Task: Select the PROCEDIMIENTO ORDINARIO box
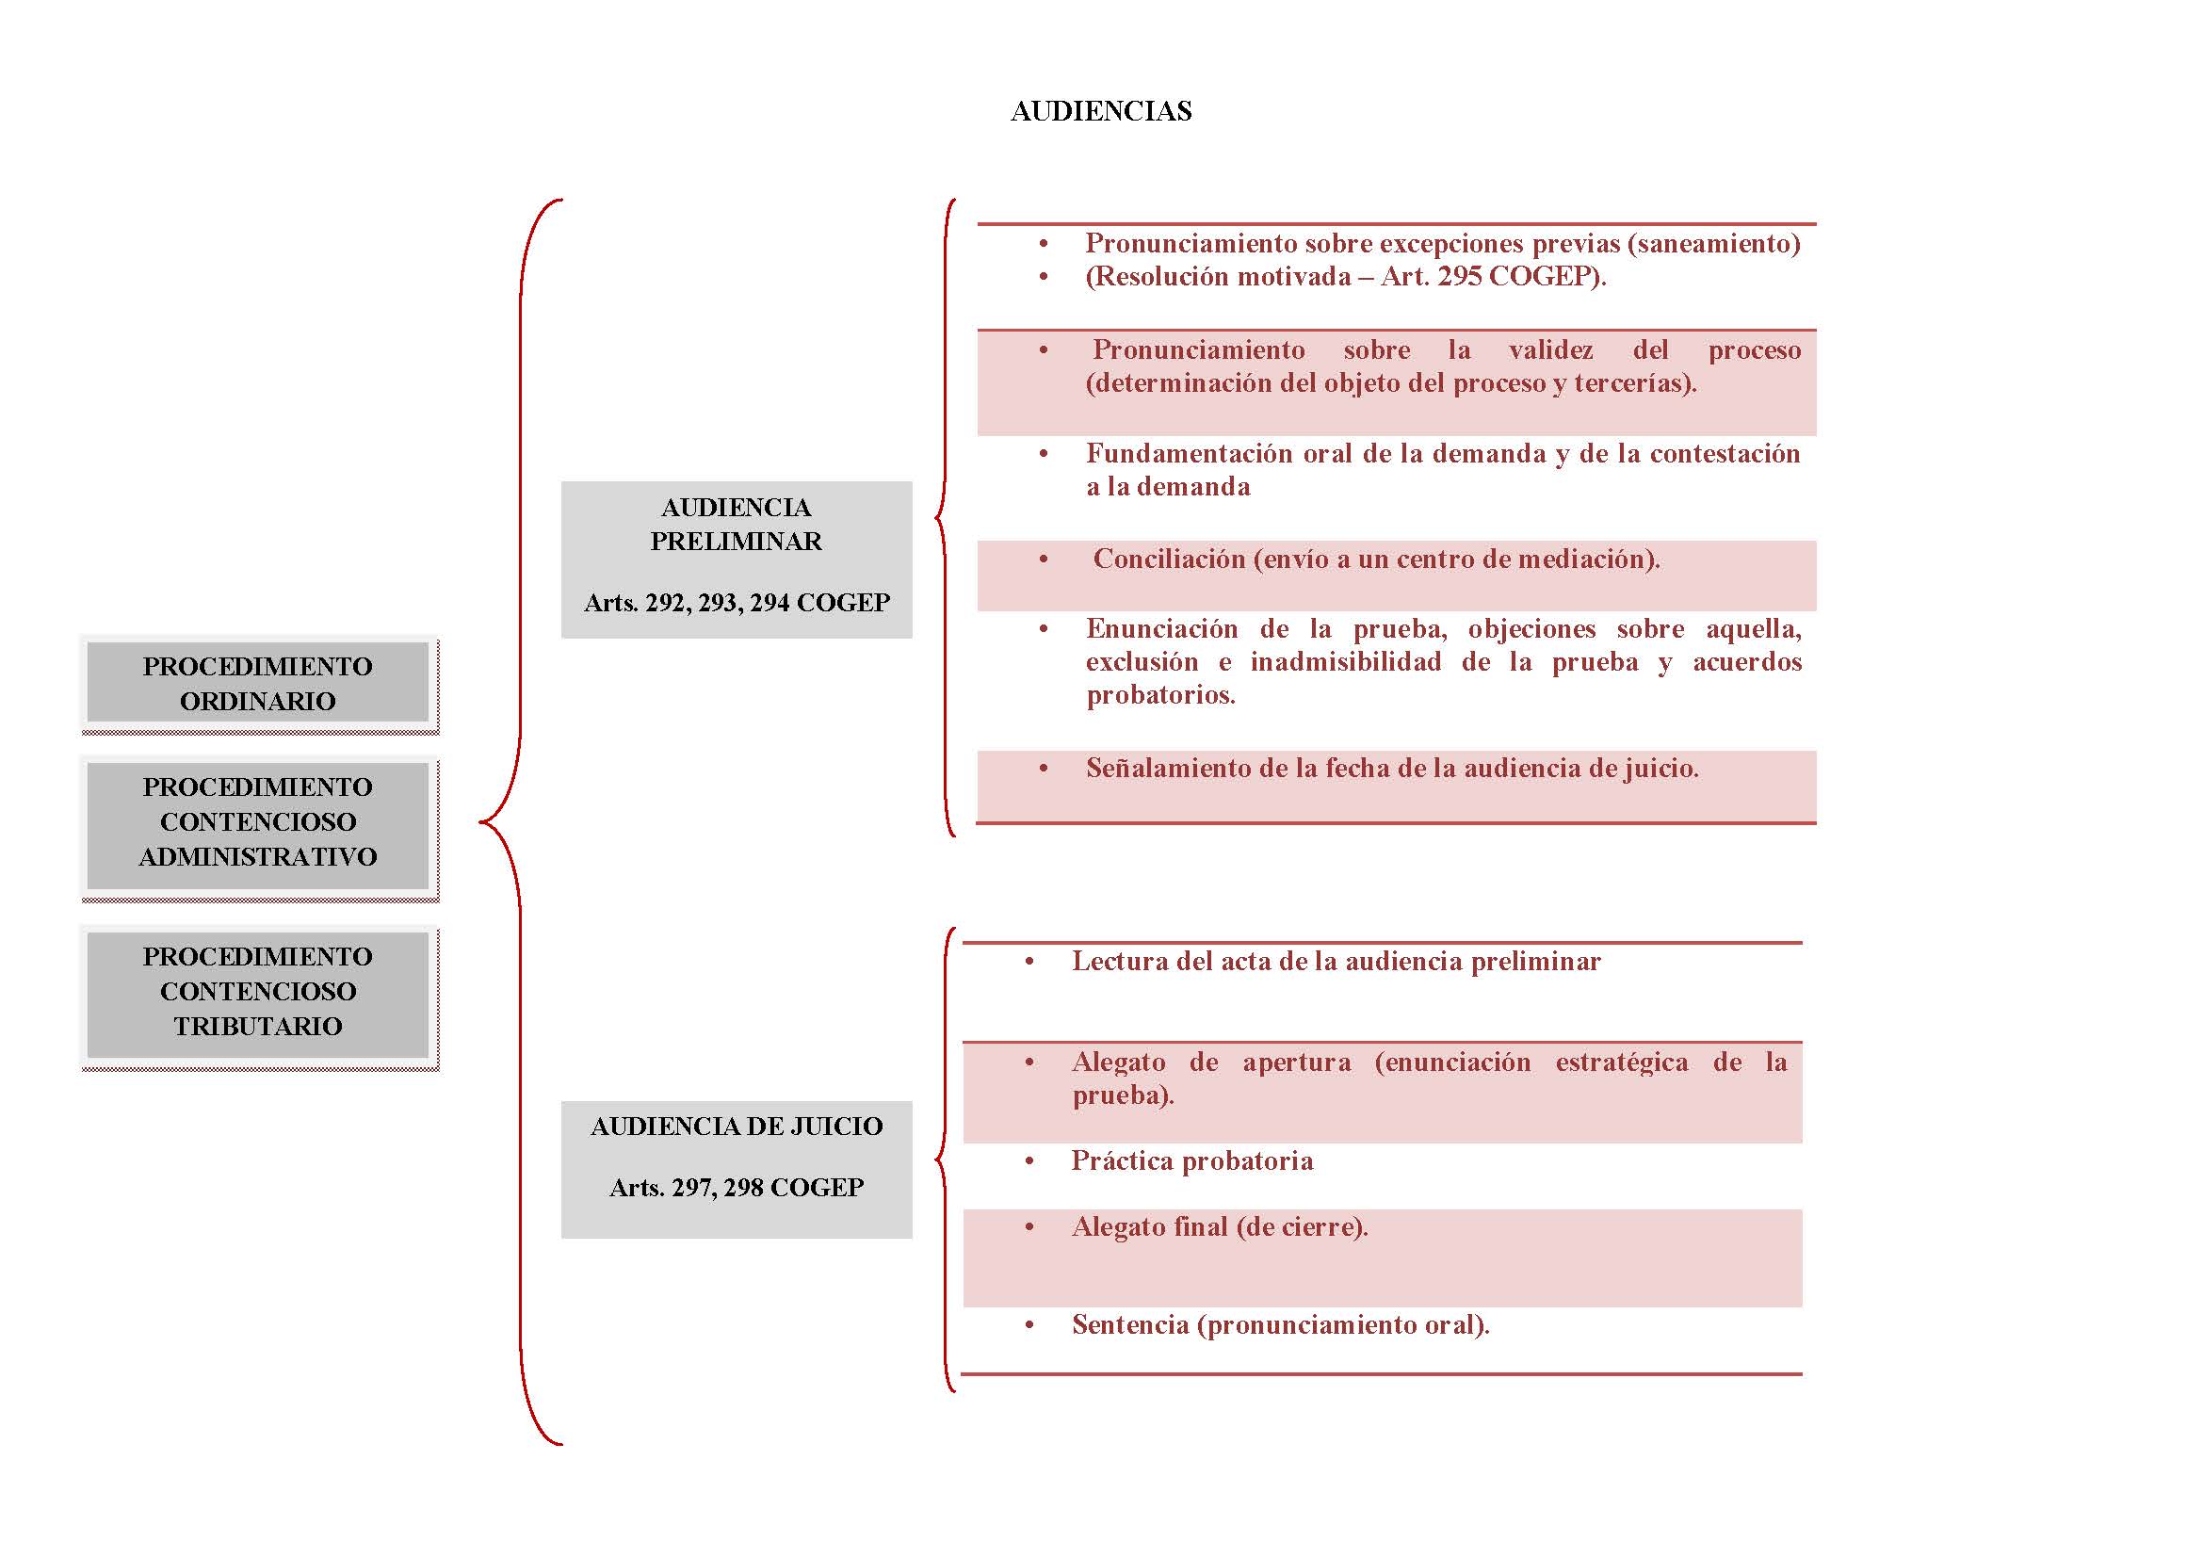(x=258, y=684)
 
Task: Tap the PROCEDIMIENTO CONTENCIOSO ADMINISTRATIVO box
(x=258, y=828)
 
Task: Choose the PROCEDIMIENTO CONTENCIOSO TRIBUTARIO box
(x=258, y=997)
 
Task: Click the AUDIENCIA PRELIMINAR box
(x=736, y=560)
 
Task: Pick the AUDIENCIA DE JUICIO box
(x=736, y=1170)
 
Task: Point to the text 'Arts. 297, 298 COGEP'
(x=736, y=1188)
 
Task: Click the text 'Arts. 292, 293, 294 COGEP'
(x=736, y=603)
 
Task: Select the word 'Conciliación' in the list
(x=1169, y=559)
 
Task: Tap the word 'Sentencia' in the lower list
(x=1130, y=1325)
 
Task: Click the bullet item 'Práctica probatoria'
(x=1191, y=1160)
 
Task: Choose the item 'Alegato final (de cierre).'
(x=1220, y=1227)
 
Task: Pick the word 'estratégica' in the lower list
(x=1622, y=1062)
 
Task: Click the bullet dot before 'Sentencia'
(x=1029, y=1326)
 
